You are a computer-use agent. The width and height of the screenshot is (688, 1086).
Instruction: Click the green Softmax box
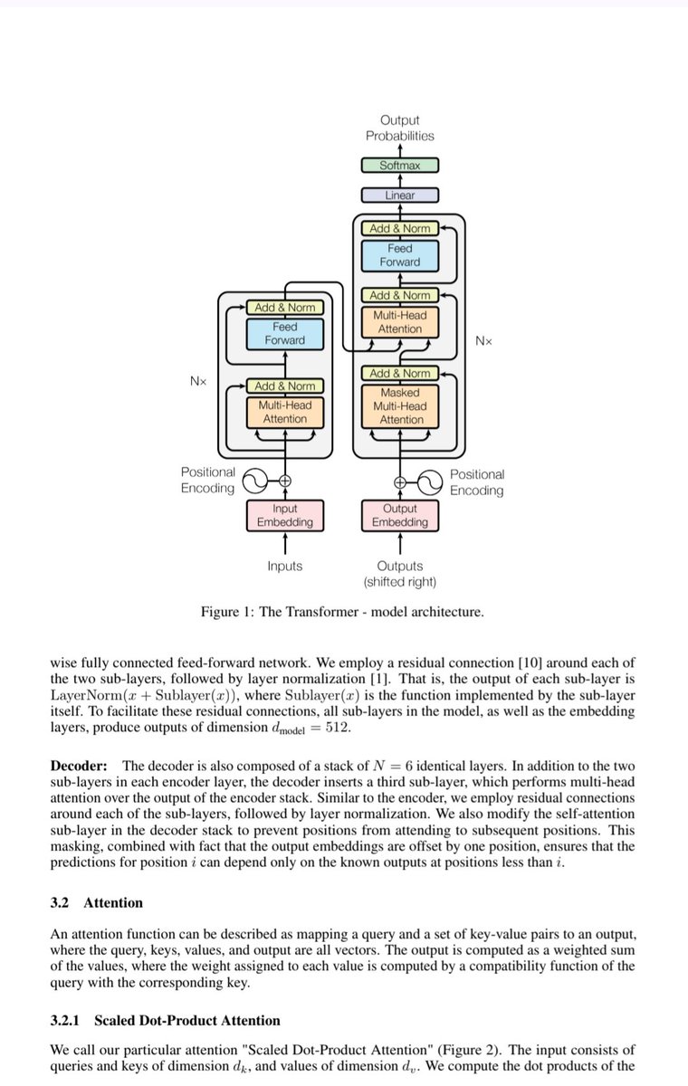click(x=400, y=166)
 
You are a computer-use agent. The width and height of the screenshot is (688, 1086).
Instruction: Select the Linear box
click(x=400, y=195)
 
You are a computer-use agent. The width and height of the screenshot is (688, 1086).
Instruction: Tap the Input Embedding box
click(x=285, y=515)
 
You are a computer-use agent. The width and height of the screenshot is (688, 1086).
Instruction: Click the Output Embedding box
click(x=400, y=515)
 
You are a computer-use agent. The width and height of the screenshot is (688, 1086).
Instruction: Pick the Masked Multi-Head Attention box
click(x=400, y=406)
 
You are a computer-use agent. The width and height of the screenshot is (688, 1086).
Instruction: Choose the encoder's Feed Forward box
click(x=285, y=334)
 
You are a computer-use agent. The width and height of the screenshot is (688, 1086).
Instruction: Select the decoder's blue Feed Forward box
click(x=400, y=255)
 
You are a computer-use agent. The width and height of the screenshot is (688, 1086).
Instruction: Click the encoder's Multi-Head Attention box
click(x=285, y=412)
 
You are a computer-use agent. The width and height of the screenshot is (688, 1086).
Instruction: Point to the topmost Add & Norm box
click(x=400, y=228)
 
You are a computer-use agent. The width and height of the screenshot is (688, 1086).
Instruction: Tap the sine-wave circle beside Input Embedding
click(x=255, y=481)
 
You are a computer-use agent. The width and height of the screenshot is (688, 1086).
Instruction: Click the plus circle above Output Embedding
click(x=399, y=483)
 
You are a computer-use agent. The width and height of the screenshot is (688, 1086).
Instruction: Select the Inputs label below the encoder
click(x=285, y=566)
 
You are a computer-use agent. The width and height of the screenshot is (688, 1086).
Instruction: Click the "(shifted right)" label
click(x=400, y=582)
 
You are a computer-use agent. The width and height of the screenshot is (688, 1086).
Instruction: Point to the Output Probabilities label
click(x=400, y=128)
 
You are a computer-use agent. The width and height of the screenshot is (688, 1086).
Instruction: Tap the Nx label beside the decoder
click(x=484, y=341)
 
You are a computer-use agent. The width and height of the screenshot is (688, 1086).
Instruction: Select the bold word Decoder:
click(x=79, y=766)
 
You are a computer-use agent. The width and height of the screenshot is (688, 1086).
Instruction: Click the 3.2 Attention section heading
click(x=97, y=903)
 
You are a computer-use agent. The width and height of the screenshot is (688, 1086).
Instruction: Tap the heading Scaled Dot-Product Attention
click(x=187, y=1021)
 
